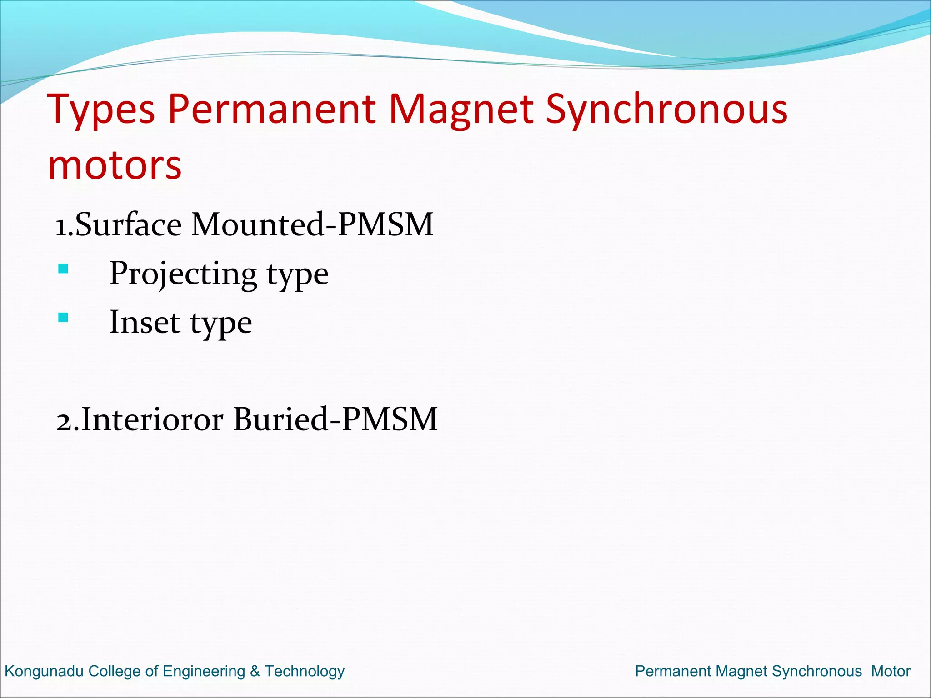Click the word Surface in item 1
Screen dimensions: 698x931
click(128, 224)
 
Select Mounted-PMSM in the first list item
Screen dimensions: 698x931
click(312, 224)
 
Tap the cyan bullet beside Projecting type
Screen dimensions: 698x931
click(63, 269)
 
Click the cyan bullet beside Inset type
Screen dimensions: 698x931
click(63, 317)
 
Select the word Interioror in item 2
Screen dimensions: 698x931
click(152, 419)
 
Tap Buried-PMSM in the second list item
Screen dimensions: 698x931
click(335, 419)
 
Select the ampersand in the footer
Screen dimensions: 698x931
click(255, 671)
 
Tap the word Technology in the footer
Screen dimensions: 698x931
click(305, 671)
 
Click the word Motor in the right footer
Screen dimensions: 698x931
click(891, 671)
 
